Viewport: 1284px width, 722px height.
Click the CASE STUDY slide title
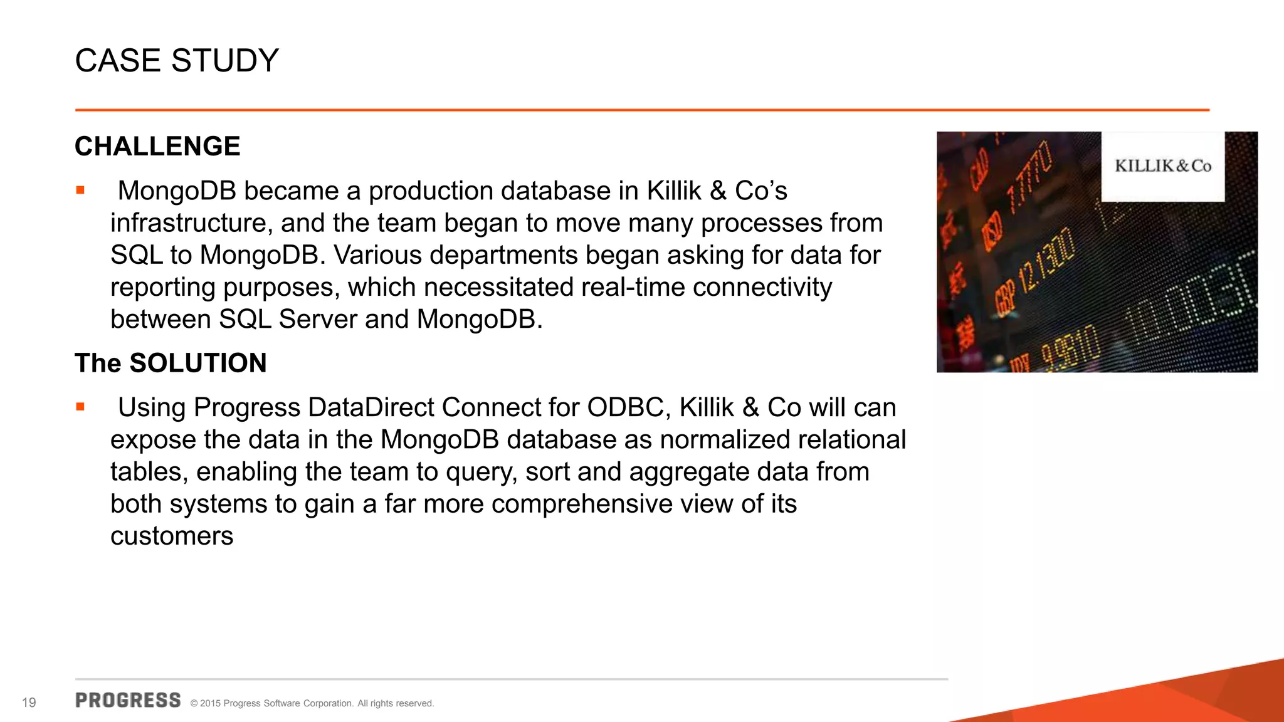click(x=177, y=61)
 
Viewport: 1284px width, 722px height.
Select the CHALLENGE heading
click(x=157, y=146)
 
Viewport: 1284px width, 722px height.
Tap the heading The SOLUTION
click(x=171, y=363)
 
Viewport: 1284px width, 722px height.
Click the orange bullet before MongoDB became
click(x=80, y=191)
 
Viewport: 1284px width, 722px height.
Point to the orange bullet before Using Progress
click(x=80, y=407)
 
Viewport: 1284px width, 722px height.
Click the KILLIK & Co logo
click(x=1163, y=166)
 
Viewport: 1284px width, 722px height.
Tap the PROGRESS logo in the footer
click(x=128, y=701)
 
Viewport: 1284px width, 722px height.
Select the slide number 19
click(x=29, y=703)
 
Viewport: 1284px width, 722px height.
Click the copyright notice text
click(x=312, y=703)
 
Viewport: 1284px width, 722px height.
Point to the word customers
click(x=172, y=536)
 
